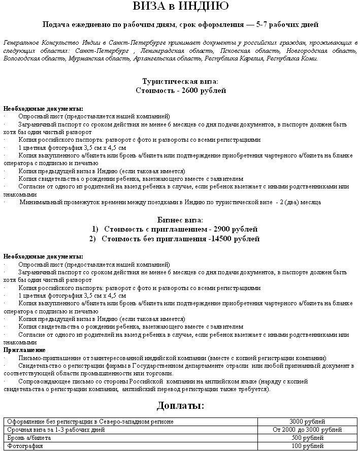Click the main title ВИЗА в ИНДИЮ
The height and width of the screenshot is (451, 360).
pyautogui.click(x=181, y=7)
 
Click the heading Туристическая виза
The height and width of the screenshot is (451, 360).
pyautogui.click(x=180, y=81)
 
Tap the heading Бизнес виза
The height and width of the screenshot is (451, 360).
pyautogui.click(x=180, y=220)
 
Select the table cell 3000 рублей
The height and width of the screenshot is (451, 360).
pyautogui.click(x=307, y=422)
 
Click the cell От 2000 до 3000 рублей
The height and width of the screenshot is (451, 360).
pyautogui.click(x=307, y=430)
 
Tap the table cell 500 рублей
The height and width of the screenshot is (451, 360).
pyautogui.click(x=307, y=438)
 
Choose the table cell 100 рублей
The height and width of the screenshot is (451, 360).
pyautogui.click(x=307, y=446)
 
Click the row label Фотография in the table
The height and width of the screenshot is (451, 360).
pyautogui.click(x=25, y=446)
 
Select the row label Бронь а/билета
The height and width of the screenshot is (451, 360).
pyautogui.click(x=29, y=438)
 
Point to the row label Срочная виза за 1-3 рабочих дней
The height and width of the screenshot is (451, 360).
pyautogui.click(x=56, y=430)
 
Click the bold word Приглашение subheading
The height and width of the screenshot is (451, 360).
pyautogui.click(x=24, y=350)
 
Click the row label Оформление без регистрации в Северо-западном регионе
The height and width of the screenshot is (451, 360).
pyautogui.click(x=90, y=422)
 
